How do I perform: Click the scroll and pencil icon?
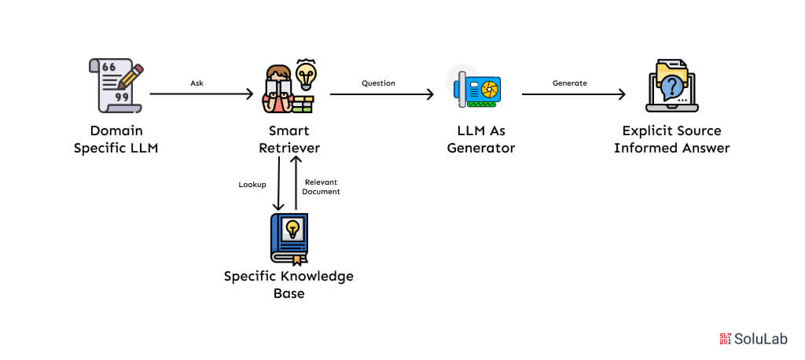click(116, 83)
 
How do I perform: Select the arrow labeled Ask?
click(201, 94)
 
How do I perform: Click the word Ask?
click(197, 83)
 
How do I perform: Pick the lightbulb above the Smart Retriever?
click(305, 74)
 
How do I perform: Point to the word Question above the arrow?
click(378, 83)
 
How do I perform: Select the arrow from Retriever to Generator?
click(381, 94)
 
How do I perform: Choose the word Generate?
click(569, 83)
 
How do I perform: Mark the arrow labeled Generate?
click(573, 94)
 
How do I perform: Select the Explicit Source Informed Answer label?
click(671, 138)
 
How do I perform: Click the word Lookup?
click(252, 185)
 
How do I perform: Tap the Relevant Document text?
click(322, 186)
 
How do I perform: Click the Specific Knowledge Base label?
click(289, 284)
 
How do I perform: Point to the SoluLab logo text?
click(760, 339)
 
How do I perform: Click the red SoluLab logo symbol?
click(725, 339)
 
